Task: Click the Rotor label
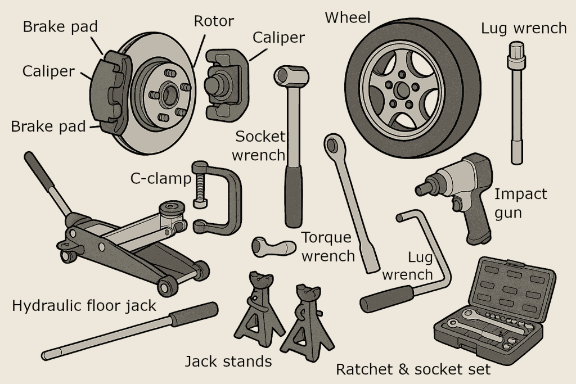pyautogui.click(x=214, y=21)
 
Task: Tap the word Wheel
pyautogui.click(x=348, y=17)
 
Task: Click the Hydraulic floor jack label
pyautogui.click(x=84, y=306)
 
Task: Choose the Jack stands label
pyautogui.click(x=228, y=361)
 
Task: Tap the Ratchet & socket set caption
pyautogui.click(x=413, y=369)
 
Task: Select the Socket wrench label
pyautogui.click(x=260, y=145)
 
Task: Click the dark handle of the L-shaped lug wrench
pyautogui.click(x=388, y=298)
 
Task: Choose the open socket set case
pyautogui.click(x=495, y=309)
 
